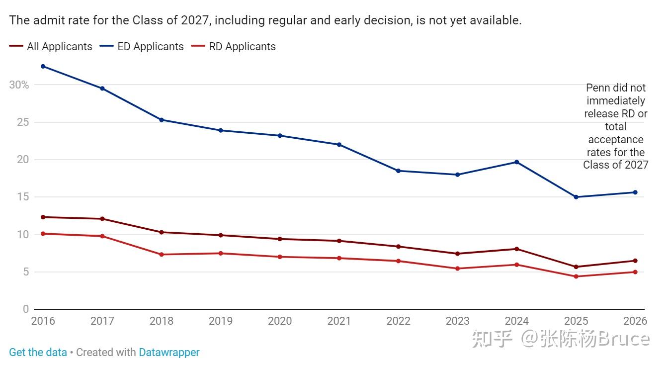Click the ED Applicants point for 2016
[x=43, y=66]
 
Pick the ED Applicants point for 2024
[x=517, y=162]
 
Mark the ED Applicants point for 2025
[x=576, y=197]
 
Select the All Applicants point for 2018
[x=162, y=232]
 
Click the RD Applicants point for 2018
[x=162, y=255]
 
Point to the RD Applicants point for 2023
[x=458, y=269]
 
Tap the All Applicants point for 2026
[x=635, y=261]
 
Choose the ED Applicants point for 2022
[x=399, y=171]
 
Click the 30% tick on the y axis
[x=19, y=85]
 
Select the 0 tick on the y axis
[x=26, y=309]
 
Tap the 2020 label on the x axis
[x=280, y=321]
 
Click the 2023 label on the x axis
[x=458, y=321]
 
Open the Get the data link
[x=38, y=353]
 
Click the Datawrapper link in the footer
[x=169, y=353]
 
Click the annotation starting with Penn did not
[x=616, y=126]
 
